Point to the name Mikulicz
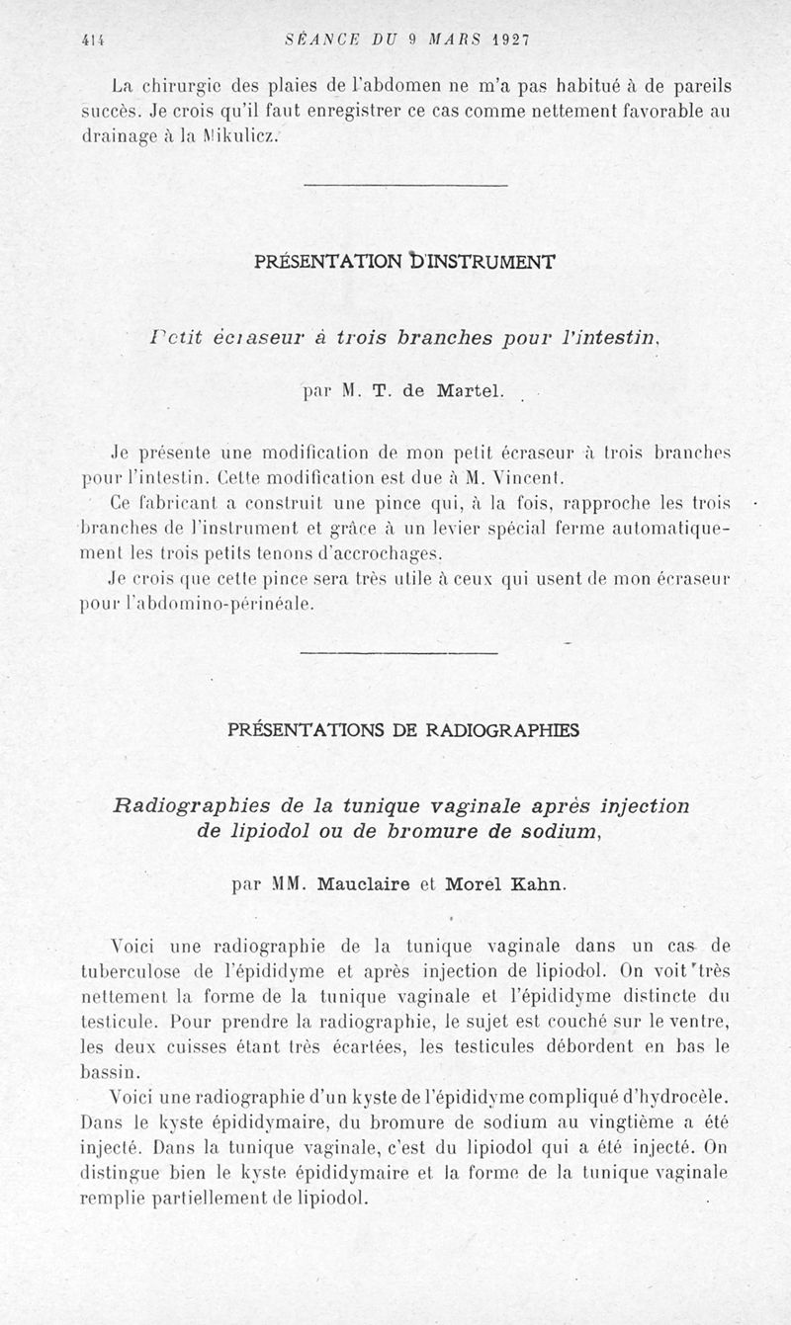click(x=235, y=137)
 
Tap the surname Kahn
click(x=539, y=883)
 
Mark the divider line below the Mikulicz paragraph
click(x=404, y=186)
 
